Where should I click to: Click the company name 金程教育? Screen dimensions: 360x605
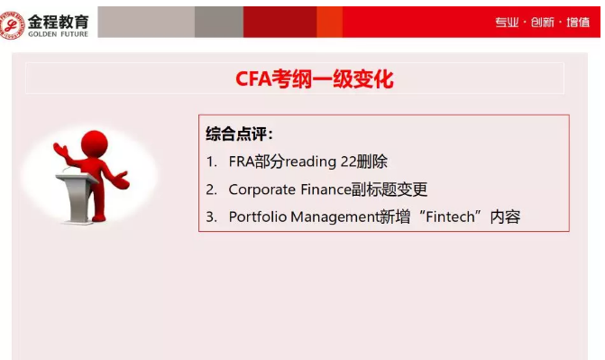(x=58, y=15)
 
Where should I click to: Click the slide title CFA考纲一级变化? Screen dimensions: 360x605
(x=302, y=79)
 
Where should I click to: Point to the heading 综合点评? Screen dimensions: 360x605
(x=239, y=134)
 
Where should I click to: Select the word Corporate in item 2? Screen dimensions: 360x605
(x=262, y=189)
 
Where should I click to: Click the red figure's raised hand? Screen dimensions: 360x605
(x=60, y=147)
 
